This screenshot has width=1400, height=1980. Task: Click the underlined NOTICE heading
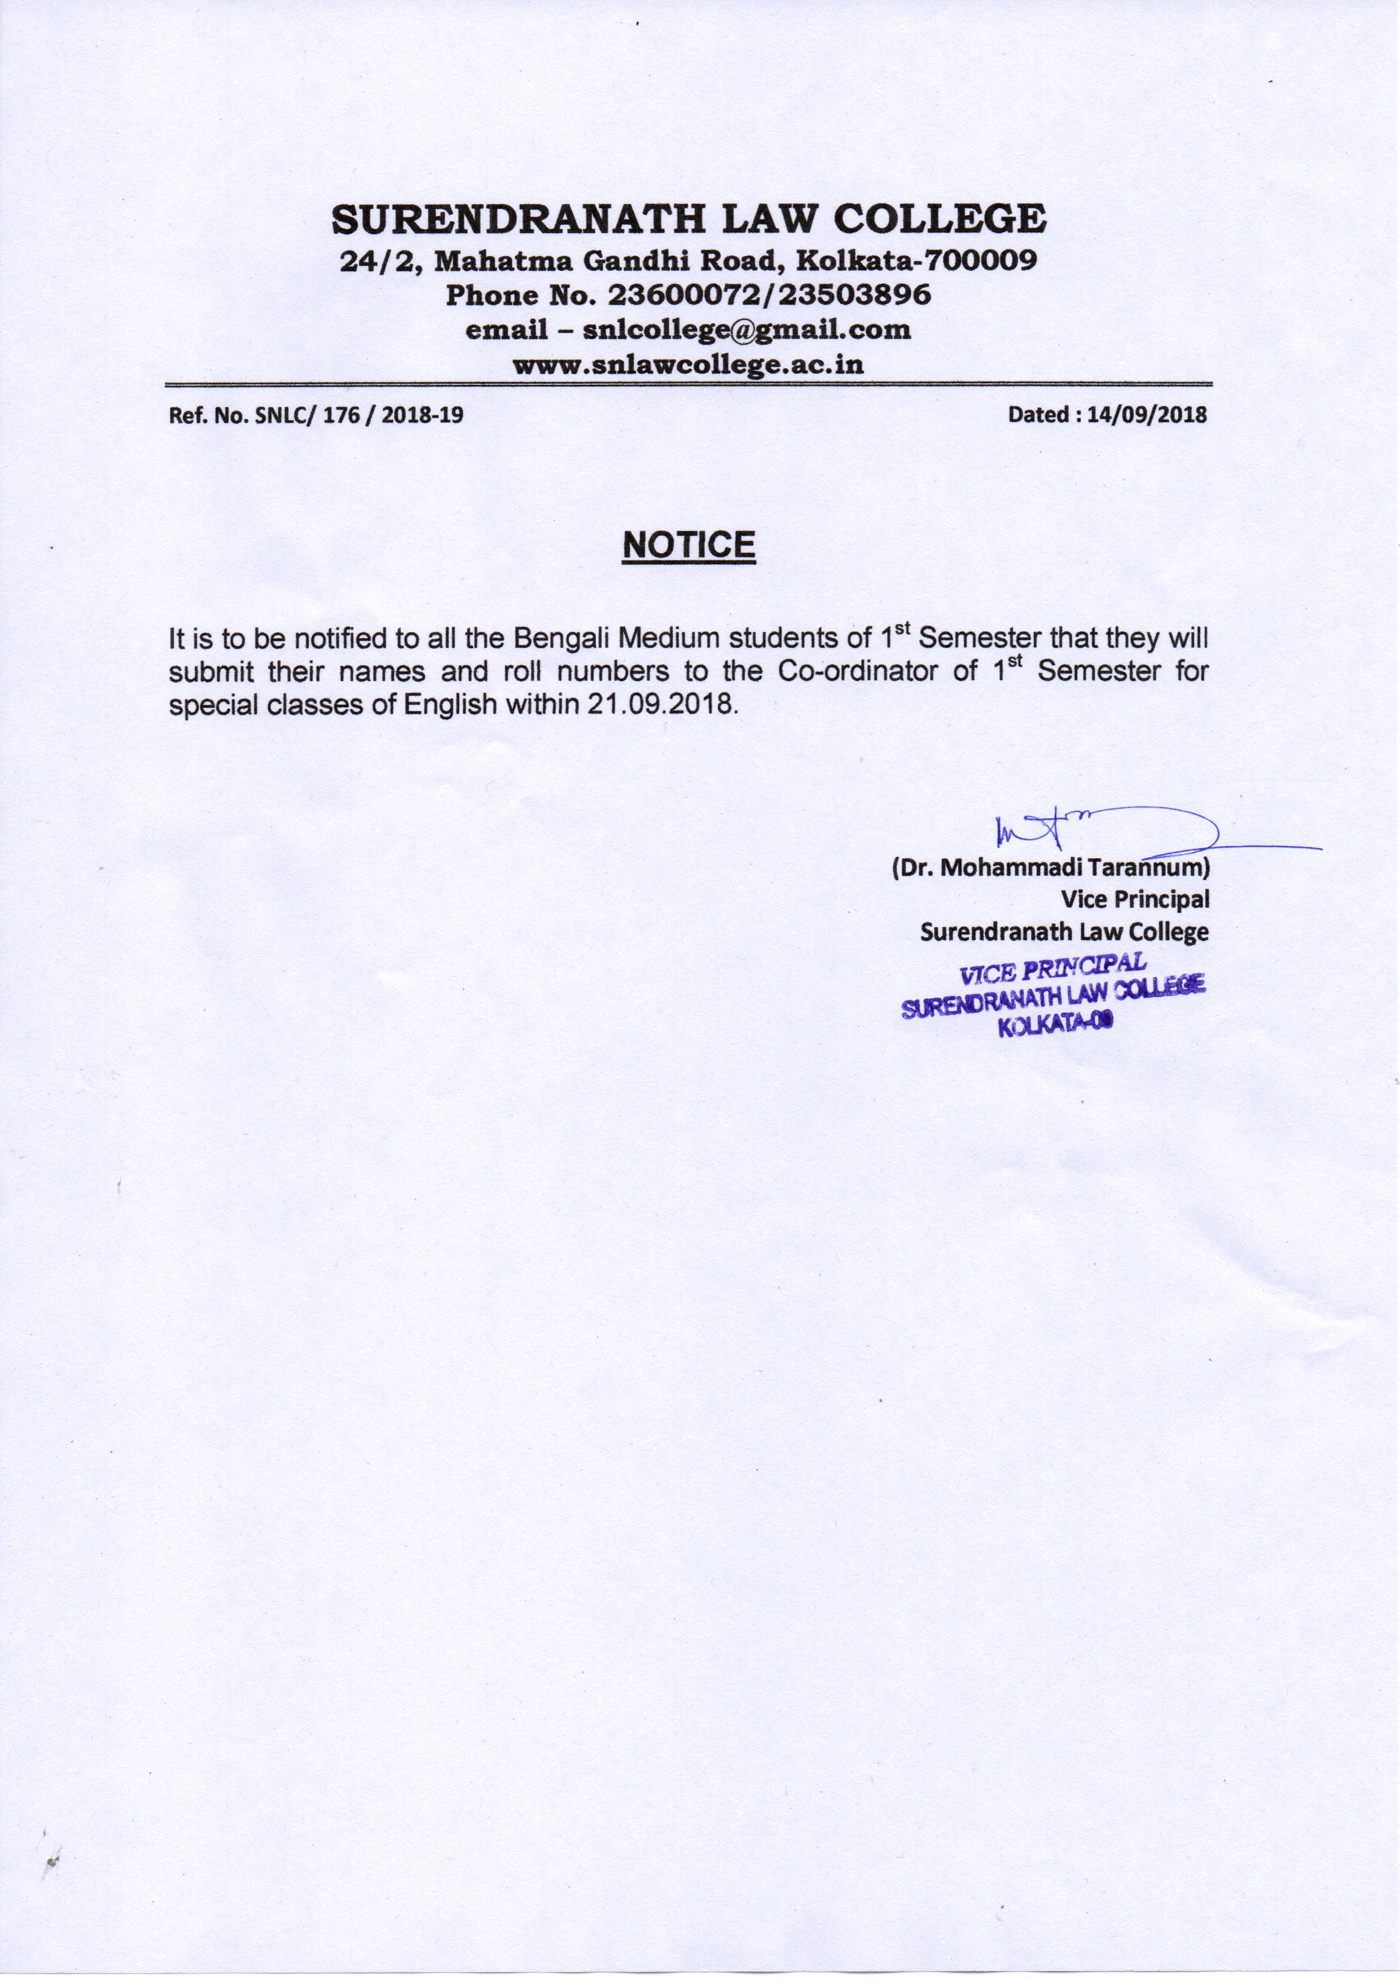pos(688,545)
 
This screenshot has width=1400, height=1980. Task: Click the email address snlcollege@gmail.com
pos(746,330)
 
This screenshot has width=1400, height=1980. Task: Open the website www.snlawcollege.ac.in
pos(688,364)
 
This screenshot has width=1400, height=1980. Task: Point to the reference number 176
pos(343,415)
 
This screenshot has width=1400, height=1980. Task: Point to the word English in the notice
pos(450,704)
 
